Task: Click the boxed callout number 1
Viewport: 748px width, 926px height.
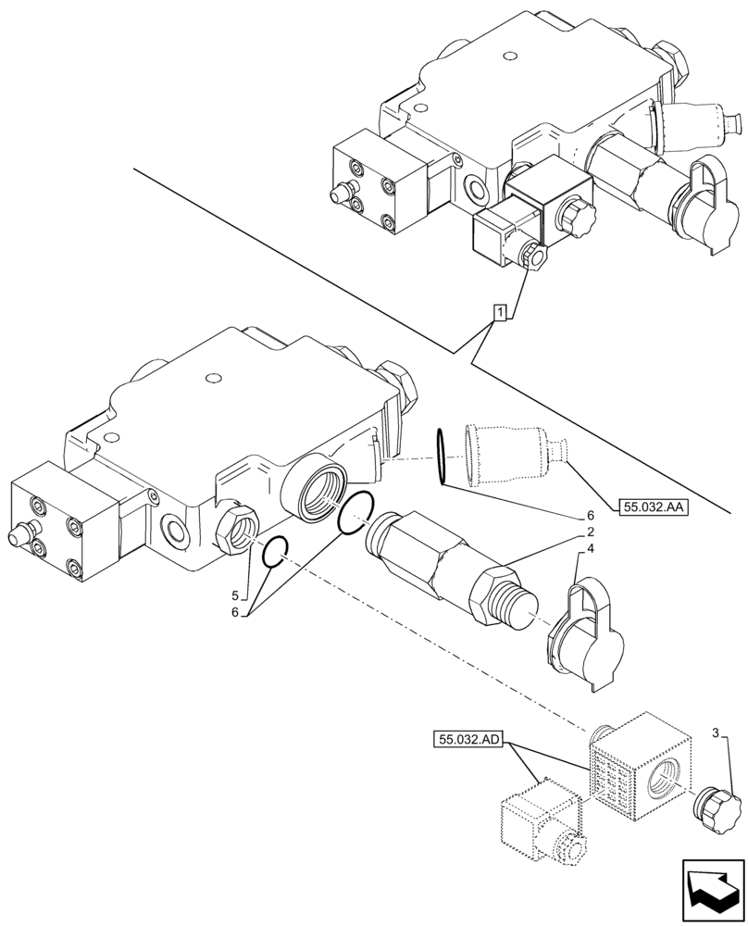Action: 499,313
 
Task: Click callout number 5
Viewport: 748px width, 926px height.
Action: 235,594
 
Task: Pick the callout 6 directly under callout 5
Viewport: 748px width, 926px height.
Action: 235,612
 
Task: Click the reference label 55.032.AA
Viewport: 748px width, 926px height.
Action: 652,506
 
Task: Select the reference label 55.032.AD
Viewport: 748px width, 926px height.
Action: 467,739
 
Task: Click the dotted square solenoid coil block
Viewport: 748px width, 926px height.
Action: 639,764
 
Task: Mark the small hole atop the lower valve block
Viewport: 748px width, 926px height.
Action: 213,378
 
